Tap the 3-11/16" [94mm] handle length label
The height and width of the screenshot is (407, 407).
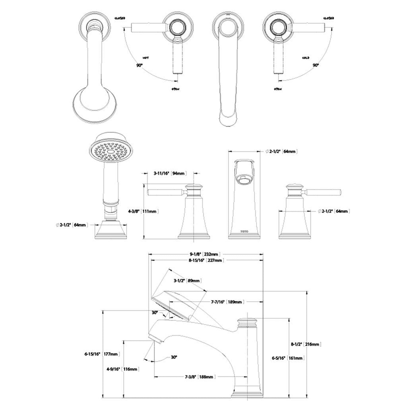pyautogui.click(x=169, y=174)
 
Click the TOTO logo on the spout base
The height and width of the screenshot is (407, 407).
pyautogui.click(x=244, y=231)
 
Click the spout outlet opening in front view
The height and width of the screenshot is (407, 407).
pyautogui.click(x=244, y=180)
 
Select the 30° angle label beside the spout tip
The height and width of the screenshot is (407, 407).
pyautogui.click(x=174, y=357)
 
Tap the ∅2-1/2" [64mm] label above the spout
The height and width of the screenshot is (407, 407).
pyautogui.click(x=281, y=152)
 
